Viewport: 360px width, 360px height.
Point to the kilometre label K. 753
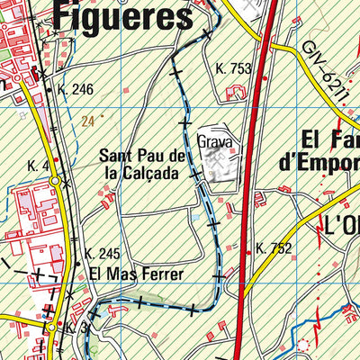point(233,67)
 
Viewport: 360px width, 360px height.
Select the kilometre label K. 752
point(274,248)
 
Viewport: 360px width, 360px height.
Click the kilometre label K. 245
point(102,253)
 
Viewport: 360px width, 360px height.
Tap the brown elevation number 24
point(87,121)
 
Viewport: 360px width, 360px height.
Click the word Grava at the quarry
point(215,141)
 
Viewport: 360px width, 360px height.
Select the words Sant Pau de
point(142,156)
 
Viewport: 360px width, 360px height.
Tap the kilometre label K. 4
point(38,166)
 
